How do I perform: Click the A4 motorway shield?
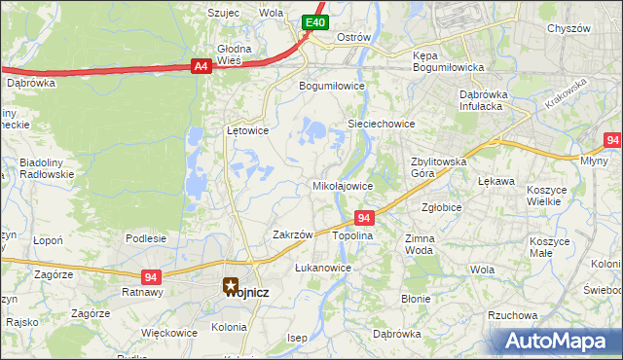click(201, 66)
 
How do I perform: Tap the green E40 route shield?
click(313, 21)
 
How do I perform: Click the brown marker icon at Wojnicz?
click(232, 285)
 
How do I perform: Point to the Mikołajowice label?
click(342, 185)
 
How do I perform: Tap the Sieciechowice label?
click(382, 125)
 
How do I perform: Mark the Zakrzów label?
click(292, 234)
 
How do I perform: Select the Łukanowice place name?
click(322, 267)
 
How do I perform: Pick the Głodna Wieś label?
click(234, 54)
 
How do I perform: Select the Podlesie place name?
click(145, 237)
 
